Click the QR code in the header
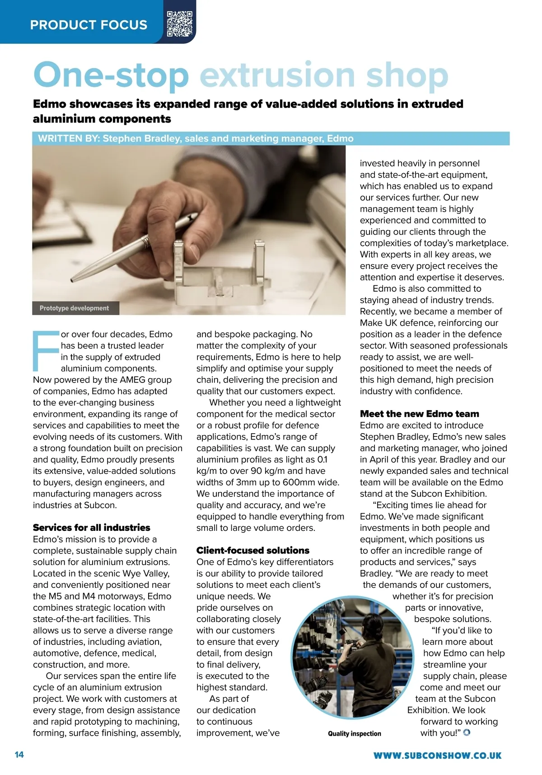pyautogui.click(x=179, y=24)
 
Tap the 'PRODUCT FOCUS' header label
pyautogui.click(x=89, y=25)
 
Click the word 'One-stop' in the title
pyautogui.click(x=111, y=76)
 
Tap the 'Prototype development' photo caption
pyautogui.click(x=75, y=308)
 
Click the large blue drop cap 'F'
pyautogui.click(x=46, y=350)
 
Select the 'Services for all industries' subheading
pyautogui.click(x=91, y=527)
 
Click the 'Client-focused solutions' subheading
pyautogui.click(x=253, y=550)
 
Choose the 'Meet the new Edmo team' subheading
pyautogui.click(x=419, y=414)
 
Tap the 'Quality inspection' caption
pyautogui.click(x=355, y=733)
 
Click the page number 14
pyautogui.click(x=19, y=755)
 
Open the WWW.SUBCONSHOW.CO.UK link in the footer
pyautogui.click(x=437, y=755)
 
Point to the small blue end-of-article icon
pyautogui.click(x=467, y=732)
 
